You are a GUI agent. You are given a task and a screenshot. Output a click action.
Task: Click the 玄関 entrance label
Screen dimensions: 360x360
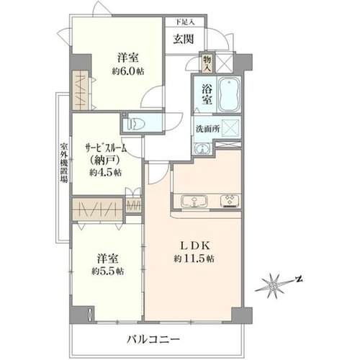[184, 39]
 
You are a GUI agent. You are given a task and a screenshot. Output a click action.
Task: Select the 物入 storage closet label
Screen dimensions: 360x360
[207, 63]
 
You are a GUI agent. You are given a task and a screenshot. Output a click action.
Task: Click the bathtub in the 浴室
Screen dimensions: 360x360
[230, 94]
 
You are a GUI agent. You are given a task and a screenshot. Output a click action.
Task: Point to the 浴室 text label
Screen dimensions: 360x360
[207, 95]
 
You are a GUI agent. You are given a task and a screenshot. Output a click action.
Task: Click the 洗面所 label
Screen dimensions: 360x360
[208, 129]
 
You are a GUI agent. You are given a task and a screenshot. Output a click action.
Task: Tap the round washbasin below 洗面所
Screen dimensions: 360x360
[203, 148]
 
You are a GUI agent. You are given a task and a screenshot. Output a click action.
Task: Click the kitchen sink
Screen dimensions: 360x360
[194, 201]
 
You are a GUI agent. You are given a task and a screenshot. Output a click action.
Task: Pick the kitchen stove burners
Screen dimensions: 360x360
[230, 201]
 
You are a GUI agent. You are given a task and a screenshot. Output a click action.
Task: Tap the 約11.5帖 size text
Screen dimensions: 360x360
[194, 258]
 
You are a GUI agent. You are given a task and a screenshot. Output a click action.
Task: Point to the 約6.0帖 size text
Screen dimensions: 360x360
[128, 71]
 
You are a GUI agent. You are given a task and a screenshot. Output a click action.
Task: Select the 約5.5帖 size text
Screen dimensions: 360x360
[108, 271]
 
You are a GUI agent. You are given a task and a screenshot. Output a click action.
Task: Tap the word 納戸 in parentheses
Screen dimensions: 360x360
[105, 161]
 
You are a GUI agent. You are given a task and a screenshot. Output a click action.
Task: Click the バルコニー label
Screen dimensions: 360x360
[153, 339]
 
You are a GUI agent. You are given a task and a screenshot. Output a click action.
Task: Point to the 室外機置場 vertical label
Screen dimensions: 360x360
[63, 163]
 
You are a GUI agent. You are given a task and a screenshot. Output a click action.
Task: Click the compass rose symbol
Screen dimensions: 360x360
[273, 287]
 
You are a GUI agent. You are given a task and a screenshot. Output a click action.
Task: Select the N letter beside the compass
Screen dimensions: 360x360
[299, 279]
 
